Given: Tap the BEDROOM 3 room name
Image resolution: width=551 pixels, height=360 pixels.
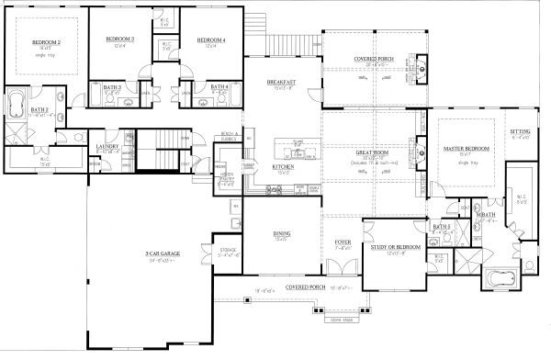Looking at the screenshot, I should pyautogui.click(x=120, y=39).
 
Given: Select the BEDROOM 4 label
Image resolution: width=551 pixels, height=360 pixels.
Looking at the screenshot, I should pyautogui.click(x=210, y=39).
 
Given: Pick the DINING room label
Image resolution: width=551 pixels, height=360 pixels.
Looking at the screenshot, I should pyautogui.click(x=282, y=234).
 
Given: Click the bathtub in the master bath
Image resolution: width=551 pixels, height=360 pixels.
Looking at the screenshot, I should pyautogui.click(x=501, y=276).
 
